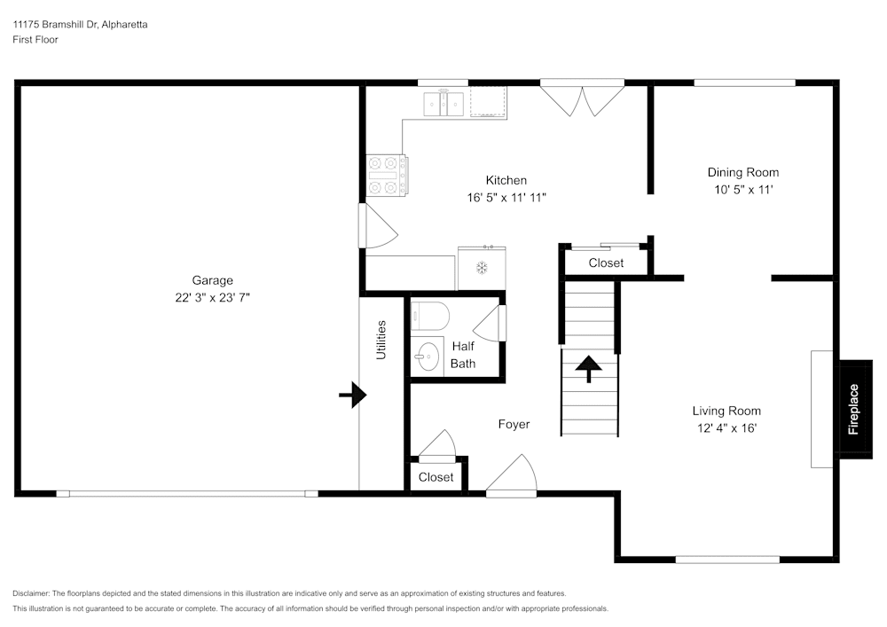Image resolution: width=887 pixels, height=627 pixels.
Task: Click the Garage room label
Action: click(212, 280)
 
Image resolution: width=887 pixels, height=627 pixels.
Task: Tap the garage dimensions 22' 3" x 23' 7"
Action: click(212, 298)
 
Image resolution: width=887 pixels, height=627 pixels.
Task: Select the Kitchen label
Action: click(506, 180)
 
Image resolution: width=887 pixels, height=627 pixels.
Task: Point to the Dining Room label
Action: click(742, 172)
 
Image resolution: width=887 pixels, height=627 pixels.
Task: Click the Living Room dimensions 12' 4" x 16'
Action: click(726, 428)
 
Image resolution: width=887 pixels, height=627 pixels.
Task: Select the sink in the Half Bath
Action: click(428, 357)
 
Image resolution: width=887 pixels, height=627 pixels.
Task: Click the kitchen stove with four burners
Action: click(388, 175)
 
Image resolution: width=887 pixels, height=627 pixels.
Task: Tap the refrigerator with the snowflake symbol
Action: click(482, 267)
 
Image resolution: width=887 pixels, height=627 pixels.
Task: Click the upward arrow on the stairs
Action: click(589, 367)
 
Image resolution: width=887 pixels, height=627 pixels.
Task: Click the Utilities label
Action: click(381, 340)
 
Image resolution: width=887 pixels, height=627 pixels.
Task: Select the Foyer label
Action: click(514, 424)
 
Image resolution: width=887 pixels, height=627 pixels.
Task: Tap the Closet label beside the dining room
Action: click(606, 263)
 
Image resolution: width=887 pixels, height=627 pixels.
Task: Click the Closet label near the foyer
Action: click(436, 477)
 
